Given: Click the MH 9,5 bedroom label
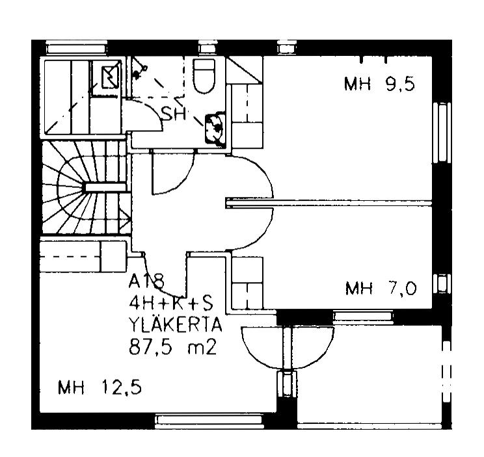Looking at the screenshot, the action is click(x=379, y=84).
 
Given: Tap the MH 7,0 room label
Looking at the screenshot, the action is click(x=381, y=288).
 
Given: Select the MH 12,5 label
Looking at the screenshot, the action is click(x=100, y=387).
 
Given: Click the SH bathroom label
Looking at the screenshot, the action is click(x=174, y=114).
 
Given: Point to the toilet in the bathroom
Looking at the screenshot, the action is click(x=204, y=75).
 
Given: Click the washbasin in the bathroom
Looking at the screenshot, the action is click(x=215, y=128).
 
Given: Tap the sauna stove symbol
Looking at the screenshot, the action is click(x=110, y=77).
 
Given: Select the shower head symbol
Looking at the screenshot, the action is click(x=139, y=72).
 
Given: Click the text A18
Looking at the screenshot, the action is click(x=146, y=281).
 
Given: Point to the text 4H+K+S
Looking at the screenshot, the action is click(x=170, y=304).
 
